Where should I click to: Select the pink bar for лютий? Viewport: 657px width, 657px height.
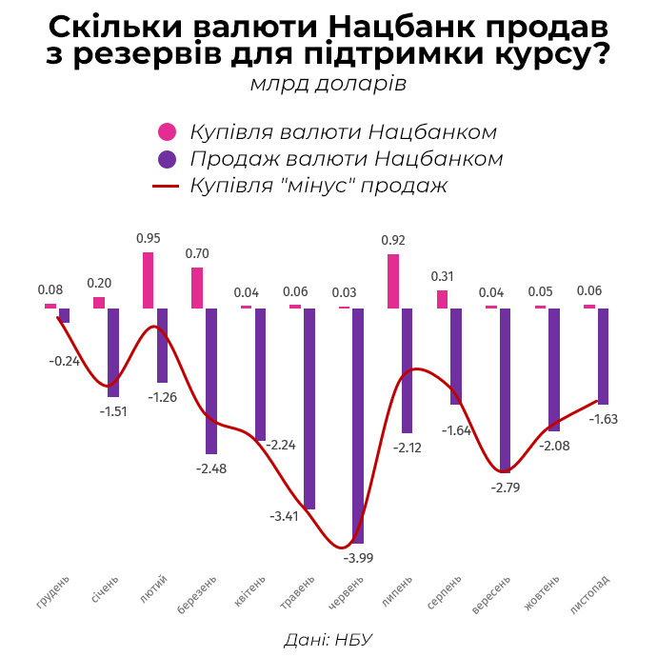149,280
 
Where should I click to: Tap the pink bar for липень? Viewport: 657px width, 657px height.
393,281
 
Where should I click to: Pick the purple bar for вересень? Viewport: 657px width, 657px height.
505,389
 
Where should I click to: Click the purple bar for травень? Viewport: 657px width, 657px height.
309,408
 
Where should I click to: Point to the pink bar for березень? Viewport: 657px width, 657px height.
197,288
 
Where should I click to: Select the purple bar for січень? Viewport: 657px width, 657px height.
113,352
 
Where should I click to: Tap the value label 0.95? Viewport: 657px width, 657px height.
149,238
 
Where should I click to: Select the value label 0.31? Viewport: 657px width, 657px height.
442,276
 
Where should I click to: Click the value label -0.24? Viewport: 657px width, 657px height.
64,361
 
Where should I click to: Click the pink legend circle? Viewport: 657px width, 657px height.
168,131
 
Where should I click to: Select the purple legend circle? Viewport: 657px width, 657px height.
168,158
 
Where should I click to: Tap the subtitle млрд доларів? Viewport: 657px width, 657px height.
328,84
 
